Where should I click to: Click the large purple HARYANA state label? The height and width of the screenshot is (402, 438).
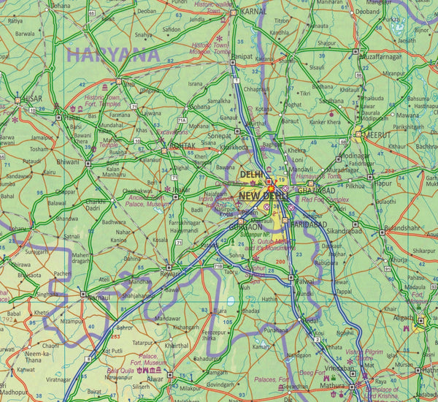112,53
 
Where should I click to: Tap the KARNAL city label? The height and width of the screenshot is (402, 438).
255,12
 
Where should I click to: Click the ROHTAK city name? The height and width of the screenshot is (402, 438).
182,146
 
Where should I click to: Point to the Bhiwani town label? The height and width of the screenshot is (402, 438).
68,161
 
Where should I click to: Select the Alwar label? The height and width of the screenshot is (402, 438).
155,379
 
